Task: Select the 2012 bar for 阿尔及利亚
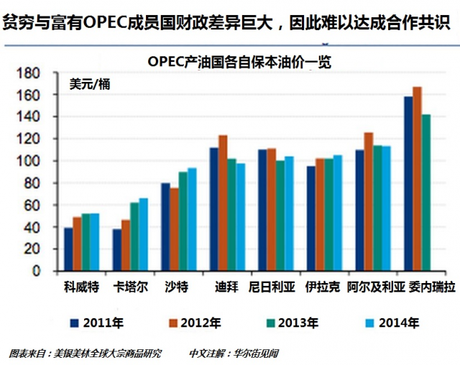369,202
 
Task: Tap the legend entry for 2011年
100,323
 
